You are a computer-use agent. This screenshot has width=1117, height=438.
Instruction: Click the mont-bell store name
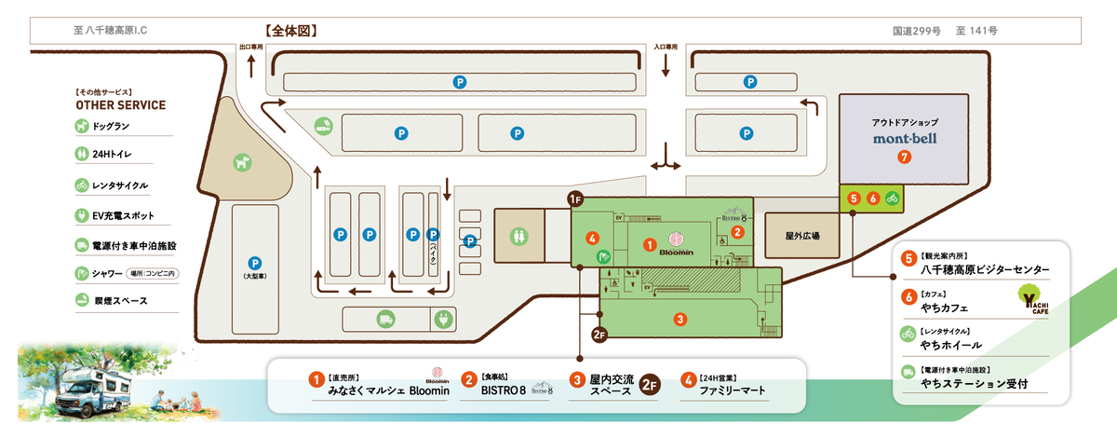[904, 139]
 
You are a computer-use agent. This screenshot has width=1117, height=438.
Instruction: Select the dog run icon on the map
[243, 161]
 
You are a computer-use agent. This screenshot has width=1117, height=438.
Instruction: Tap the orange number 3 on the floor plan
[680, 320]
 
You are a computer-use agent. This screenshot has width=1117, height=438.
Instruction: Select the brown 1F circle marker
[575, 198]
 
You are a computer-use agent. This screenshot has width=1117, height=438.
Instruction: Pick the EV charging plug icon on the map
[443, 319]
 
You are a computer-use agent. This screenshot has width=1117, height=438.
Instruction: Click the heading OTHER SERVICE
[121, 105]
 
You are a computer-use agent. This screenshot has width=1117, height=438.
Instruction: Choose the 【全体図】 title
[291, 31]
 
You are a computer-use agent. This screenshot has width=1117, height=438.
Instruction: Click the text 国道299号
[916, 31]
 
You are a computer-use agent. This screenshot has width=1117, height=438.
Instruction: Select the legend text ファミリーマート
[733, 390]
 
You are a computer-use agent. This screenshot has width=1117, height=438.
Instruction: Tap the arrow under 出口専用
[250, 66]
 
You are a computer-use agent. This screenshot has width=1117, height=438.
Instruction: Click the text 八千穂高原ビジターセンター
[985, 270]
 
